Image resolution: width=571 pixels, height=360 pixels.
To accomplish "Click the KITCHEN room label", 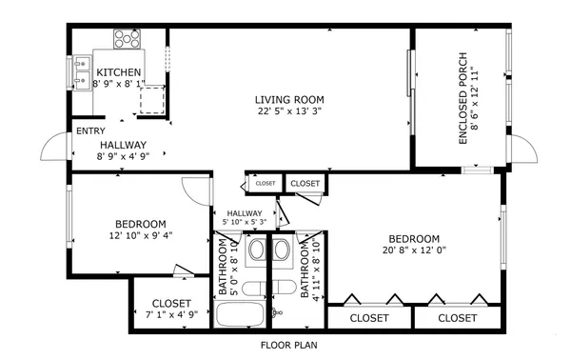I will click(119, 72).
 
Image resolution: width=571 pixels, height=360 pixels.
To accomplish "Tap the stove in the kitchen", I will click(127, 38).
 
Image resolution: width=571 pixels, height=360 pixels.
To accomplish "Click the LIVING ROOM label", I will click(289, 99).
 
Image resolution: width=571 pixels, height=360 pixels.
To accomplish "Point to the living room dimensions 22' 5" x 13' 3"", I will click(289, 111).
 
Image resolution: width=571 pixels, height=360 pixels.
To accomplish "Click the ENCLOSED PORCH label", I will click(463, 98).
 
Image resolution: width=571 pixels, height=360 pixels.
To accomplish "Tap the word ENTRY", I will click(91, 131).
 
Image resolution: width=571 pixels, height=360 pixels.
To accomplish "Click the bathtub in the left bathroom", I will click(241, 315).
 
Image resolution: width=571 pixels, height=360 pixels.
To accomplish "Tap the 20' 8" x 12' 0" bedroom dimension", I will click(415, 250).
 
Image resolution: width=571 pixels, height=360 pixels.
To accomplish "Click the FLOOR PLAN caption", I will click(289, 345).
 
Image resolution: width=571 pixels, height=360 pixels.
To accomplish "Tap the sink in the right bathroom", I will click(285, 250).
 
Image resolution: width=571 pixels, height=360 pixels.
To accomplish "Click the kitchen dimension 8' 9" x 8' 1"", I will click(119, 85).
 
